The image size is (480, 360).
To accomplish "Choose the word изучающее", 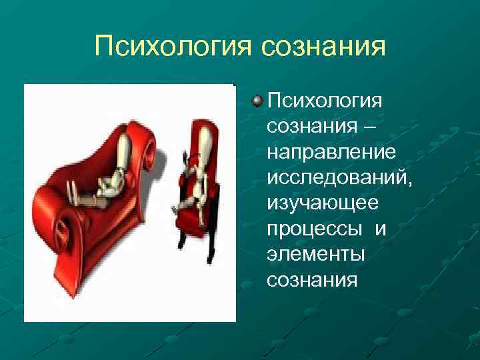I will click(x=322, y=202).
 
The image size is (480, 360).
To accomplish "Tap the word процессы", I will click(x=313, y=229).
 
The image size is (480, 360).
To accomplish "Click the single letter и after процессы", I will click(x=380, y=229).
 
